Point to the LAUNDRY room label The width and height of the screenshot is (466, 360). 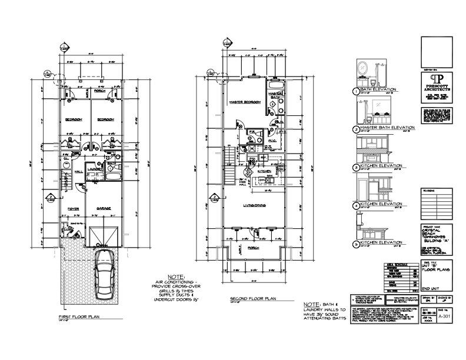pyautogui.click(x=95, y=168)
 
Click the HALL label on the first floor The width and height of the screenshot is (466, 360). pyautogui.click(x=78, y=172)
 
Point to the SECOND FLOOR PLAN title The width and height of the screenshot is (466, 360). pyautogui.click(x=247, y=298)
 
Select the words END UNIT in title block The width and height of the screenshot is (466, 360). pyautogui.click(x=431, y=288)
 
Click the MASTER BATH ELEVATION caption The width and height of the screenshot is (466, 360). pyautogui.click(x=388, y=128)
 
